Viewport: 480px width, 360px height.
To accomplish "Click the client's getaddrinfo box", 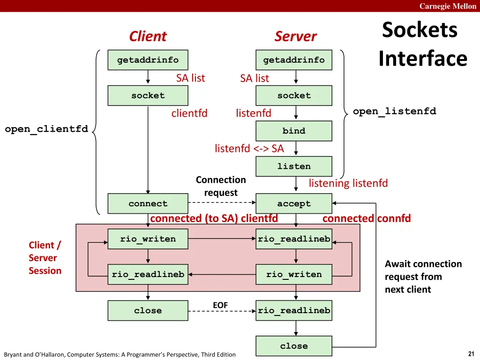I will tap(148, 60).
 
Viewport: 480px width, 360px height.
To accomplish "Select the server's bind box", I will tap(294, 131).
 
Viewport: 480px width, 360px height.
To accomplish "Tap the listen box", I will tap(294, 166).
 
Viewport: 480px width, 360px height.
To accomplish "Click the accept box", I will tap(294, 203).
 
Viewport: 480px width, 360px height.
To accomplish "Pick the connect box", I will tap(148, 203).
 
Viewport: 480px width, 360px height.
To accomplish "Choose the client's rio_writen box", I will tap(148, 239).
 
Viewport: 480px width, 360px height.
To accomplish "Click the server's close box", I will tap(294, 346).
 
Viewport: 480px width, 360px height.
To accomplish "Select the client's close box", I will tap(148, 310).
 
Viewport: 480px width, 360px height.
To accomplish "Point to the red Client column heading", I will tap(148, 36).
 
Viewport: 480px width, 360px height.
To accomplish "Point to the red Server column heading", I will tap(295, 36).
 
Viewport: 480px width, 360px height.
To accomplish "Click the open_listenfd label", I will tap(394, 111).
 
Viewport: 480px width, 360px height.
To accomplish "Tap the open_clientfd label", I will tap(46, 129).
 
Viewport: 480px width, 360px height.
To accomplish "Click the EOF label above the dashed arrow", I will tap(220, 305).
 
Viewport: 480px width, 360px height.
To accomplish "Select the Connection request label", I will tap(221, 186).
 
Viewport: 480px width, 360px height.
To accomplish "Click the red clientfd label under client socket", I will tap(189, 113).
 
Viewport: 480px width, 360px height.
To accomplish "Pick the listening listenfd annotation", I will tap(348, 183).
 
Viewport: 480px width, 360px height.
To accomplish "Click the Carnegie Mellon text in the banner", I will tap(448, 6).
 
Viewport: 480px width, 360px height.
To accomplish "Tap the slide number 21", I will tap(471, 354).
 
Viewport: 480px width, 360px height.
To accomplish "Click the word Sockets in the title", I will tap(420, 30).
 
